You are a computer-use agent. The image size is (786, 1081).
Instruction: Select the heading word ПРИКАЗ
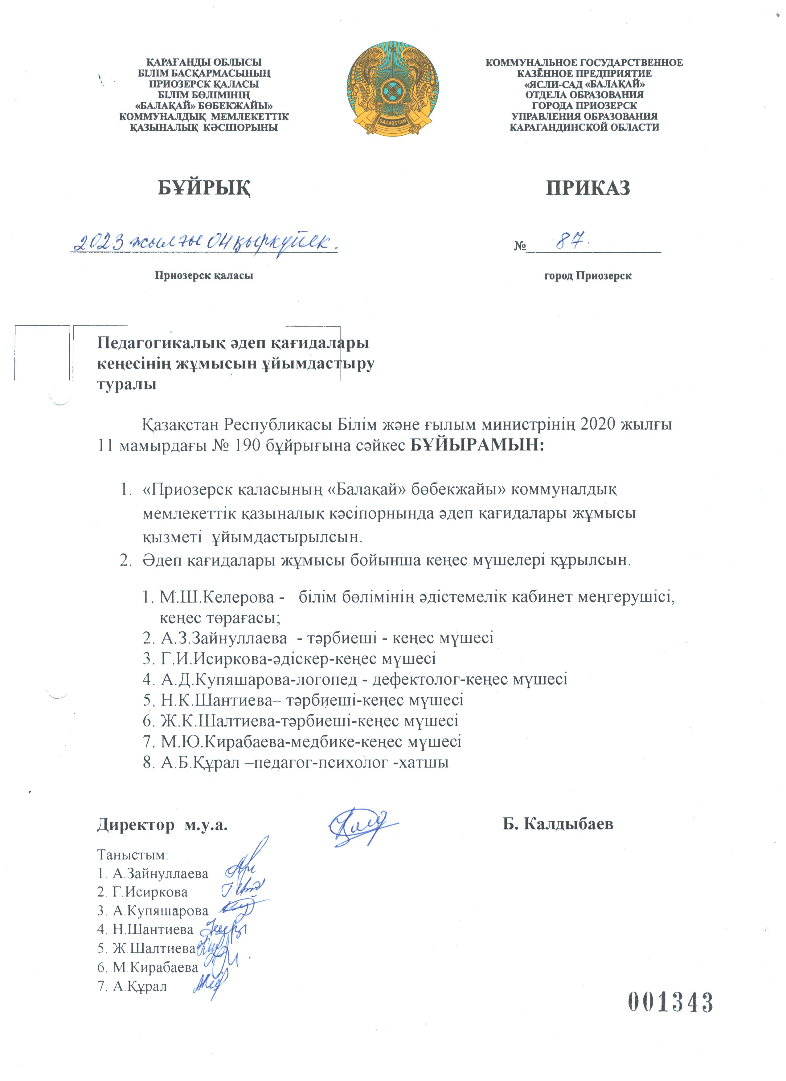588,188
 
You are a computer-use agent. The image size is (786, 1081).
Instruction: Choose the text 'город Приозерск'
588,275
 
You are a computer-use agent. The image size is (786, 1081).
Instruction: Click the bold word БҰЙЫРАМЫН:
477,446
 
